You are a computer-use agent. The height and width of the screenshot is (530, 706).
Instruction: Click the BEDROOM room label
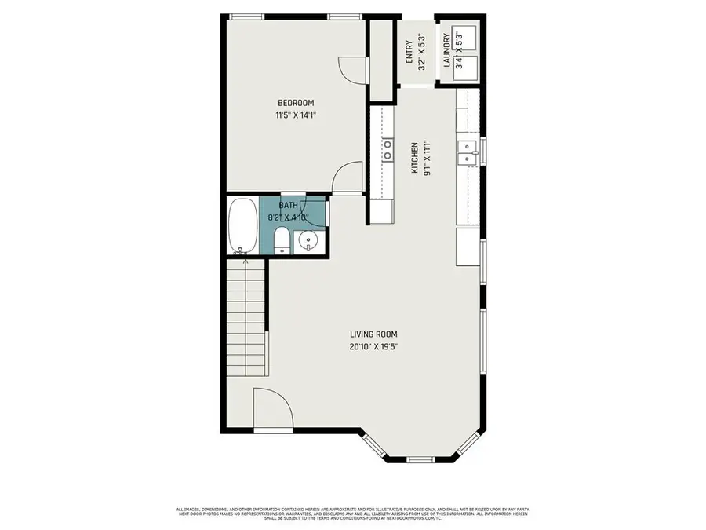(296, 103)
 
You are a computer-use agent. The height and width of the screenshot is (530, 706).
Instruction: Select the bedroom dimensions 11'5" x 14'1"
(296, 115)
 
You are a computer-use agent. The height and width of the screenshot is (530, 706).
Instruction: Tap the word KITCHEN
(414, 157)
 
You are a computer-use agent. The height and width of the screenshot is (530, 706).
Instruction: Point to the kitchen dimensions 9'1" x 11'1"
(427, 157)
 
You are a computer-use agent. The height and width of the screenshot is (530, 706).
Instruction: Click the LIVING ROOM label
(378, 334)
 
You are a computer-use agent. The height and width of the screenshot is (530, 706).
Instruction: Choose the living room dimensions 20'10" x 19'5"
(378, 346)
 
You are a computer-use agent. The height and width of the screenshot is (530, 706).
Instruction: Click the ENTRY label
(409, 51)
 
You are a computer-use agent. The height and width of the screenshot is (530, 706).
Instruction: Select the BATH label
(288, 206)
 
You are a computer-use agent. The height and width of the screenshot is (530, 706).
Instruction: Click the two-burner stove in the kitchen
(388, 149)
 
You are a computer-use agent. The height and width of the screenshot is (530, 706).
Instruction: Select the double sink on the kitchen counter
(468, 153)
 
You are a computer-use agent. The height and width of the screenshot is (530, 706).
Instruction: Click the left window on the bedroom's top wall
(246, 16)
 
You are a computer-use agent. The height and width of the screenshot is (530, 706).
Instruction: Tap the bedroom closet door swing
(349, 71)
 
